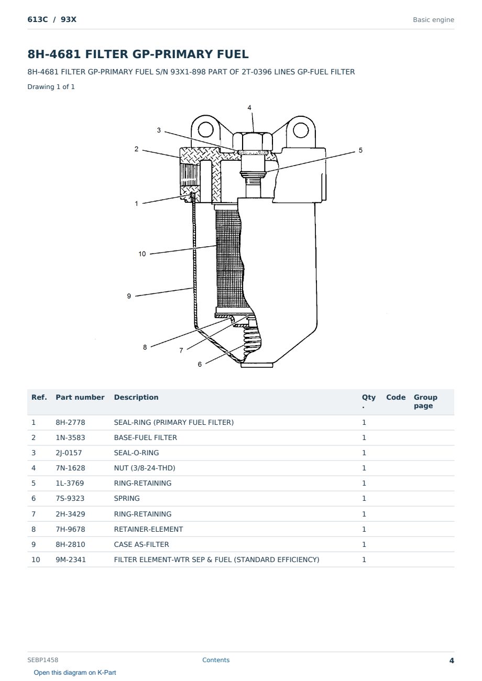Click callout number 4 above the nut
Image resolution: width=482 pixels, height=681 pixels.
point(249,107)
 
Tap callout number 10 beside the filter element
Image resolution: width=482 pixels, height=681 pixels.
point(142,254)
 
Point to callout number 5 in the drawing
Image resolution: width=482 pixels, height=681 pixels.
point(360,150)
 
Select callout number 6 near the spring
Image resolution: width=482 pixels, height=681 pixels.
point(200,364)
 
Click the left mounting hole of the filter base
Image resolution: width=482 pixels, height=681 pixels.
point(205,129)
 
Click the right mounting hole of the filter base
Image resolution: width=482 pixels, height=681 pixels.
point(301,130)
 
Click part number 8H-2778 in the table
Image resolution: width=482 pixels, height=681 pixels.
point(70,422)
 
